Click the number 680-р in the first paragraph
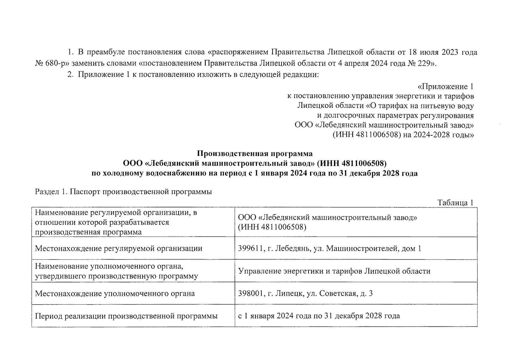[54, 63]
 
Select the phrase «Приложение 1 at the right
[445, 87]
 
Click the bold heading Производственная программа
[254, 154]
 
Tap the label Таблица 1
[455, 202]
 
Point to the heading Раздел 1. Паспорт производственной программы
[123, 192]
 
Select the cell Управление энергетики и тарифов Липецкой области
[334, 271]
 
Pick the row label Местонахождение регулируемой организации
[119, 248]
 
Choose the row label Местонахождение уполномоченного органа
[115, 293]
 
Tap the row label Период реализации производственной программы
[126, 316]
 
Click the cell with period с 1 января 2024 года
[319, 316]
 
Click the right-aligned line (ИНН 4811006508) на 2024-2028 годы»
[403, 135]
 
